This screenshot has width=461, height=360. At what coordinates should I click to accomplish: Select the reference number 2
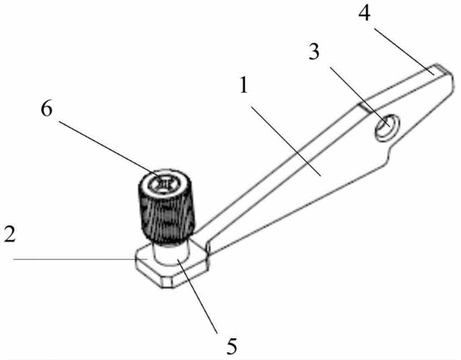(x=10, y=235)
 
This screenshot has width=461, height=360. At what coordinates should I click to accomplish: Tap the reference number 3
(x=314, y=52)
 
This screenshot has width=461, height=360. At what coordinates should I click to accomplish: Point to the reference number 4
(x=364, y=13)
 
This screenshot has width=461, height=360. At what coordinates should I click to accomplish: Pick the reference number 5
(x=232, y=346)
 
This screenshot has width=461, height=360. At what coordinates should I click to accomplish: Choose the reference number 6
(x=46, y=110)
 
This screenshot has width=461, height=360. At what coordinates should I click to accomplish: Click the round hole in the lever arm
(x=387, y=126)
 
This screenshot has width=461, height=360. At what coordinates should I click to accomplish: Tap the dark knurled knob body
(x=166, y=214)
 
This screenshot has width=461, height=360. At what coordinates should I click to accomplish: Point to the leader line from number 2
(x=81, y=259)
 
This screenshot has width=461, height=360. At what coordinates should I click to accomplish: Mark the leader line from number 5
(x=197, y=296)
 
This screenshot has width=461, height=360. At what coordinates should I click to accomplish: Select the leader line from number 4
(x=404, y=50)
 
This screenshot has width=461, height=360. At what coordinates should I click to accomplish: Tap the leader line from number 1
(x=287, y=142)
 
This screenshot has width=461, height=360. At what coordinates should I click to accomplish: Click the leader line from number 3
(x=359, y=97)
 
